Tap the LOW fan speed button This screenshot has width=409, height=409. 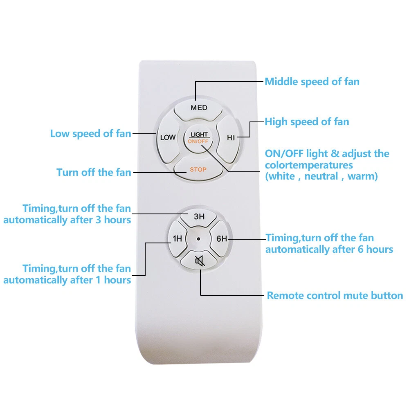(167, 137)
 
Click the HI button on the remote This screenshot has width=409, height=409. (231, 137)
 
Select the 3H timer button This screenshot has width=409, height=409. (199, 217)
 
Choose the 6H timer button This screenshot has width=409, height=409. (221, 239)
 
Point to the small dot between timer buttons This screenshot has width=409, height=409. (199, 239)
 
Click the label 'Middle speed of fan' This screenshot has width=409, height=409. (312, 82)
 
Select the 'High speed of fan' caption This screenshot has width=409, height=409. (307, 121)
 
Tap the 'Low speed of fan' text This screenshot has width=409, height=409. (90, 134)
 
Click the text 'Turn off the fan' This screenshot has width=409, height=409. (94, 172)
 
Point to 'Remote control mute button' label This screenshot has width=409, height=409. (335, 296)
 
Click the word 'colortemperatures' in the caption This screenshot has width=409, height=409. (309, 165)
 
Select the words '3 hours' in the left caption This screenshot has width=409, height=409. (114, 220)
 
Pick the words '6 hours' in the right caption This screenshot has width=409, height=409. (376, 249)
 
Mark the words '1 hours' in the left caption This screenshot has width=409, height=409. (114, 280)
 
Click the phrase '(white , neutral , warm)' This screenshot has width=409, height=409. (321, 177)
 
